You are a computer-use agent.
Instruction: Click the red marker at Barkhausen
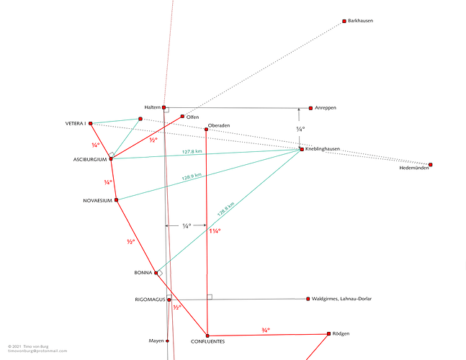coord(344,21)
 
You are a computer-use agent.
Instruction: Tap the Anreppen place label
coord(326,108)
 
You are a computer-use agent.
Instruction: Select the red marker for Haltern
coord(163,107)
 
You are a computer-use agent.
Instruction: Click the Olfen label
coord(192,117)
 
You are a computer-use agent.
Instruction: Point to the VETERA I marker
coord(91,124)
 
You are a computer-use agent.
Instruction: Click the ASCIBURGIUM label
coord(90,160)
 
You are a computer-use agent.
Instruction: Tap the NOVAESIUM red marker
coord(116,200)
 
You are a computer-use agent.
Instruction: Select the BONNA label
coord(143,273)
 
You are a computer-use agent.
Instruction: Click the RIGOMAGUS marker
coord(169,300)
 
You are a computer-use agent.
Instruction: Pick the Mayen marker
coord(167,341)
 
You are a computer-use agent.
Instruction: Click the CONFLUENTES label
coord(207,341)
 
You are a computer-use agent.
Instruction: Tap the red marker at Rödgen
coord(328,334)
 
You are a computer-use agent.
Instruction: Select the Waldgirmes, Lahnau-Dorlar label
coord(341,299)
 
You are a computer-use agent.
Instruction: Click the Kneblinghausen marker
coord(302,150)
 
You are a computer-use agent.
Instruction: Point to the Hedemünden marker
coord(430,165)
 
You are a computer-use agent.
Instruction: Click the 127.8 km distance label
coord(192,152)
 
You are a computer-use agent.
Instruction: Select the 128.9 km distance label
coord(192,176)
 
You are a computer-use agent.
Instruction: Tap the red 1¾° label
coord(215,231)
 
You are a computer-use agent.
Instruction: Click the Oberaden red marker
coord(206,130)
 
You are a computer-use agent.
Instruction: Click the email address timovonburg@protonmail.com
coord(37,351)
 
